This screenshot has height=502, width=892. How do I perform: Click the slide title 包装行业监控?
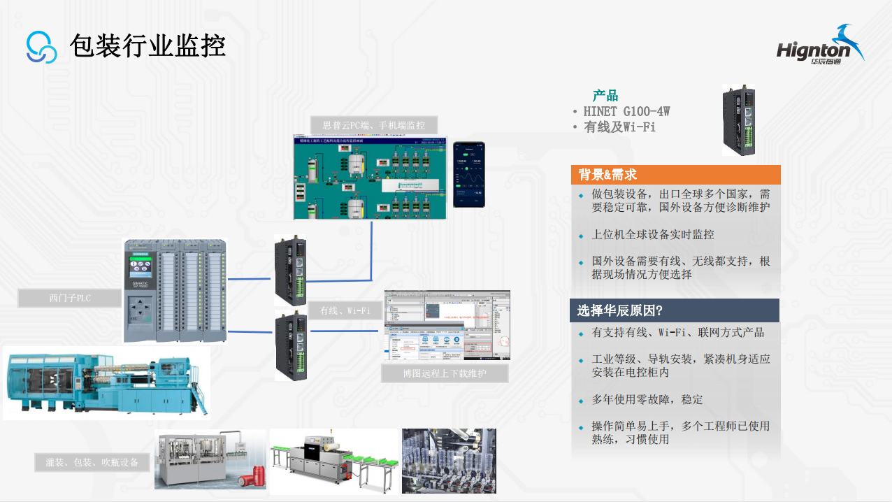point(148,46)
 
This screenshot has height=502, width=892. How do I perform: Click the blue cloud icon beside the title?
point(41,47)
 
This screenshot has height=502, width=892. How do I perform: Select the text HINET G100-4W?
point(626,111)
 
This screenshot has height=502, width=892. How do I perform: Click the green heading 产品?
point(605,96)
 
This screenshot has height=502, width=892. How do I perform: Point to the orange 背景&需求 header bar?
point(675,175)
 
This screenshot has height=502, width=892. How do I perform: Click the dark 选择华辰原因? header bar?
point(675,310)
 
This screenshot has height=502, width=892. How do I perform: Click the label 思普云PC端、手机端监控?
point(374,125)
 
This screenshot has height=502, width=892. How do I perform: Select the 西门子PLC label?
point(70,299)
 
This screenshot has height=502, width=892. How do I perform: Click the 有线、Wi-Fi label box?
point(345,310)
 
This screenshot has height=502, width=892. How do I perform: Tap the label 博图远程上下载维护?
point(445,373)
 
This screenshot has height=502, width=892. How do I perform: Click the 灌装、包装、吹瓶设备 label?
point(92,462)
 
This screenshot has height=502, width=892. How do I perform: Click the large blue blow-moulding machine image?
point(105,382)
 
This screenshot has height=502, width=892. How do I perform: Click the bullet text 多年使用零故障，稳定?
point(647,400)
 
